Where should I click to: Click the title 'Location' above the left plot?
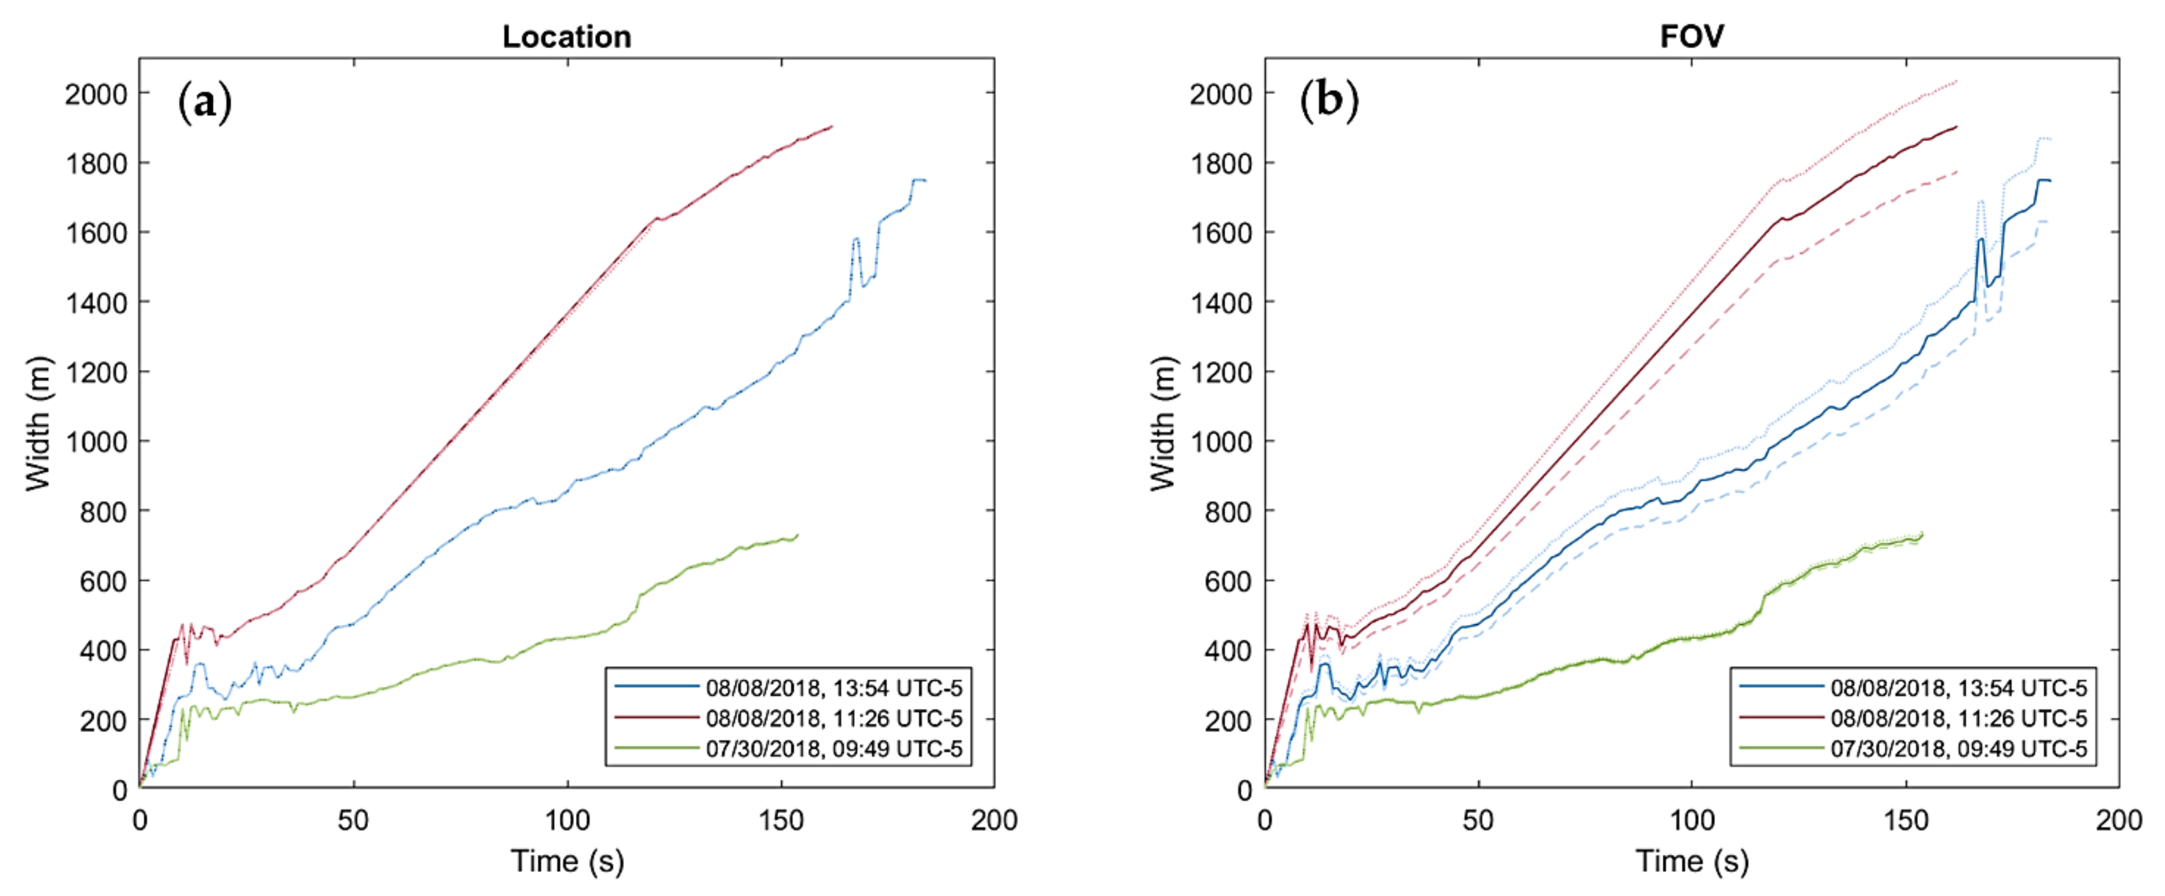tap(567, 37)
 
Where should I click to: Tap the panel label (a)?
tap(204, 103)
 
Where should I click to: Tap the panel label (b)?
tap(1329, 103)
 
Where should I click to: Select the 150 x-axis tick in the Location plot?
tap(781, 820)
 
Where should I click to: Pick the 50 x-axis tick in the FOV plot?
tap(1478, 820)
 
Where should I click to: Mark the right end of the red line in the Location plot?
tap(831, 127)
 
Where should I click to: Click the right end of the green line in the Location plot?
tap(797, 535)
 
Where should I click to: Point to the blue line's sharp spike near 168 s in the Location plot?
tap(856, 240)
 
